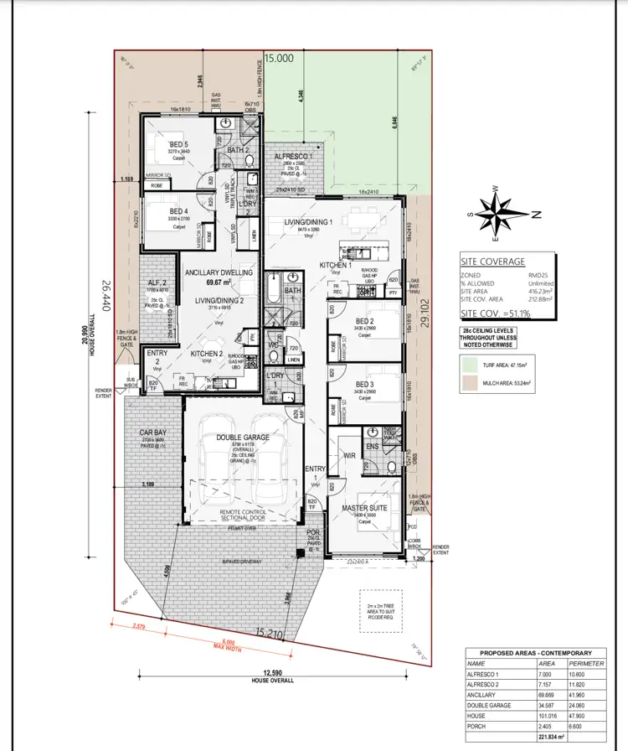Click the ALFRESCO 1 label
pos(293,156)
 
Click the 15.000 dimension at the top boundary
pos(279,59)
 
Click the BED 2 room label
pos(364,321)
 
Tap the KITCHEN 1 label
pos(334,266)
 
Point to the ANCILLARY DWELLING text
pos(219,272)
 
